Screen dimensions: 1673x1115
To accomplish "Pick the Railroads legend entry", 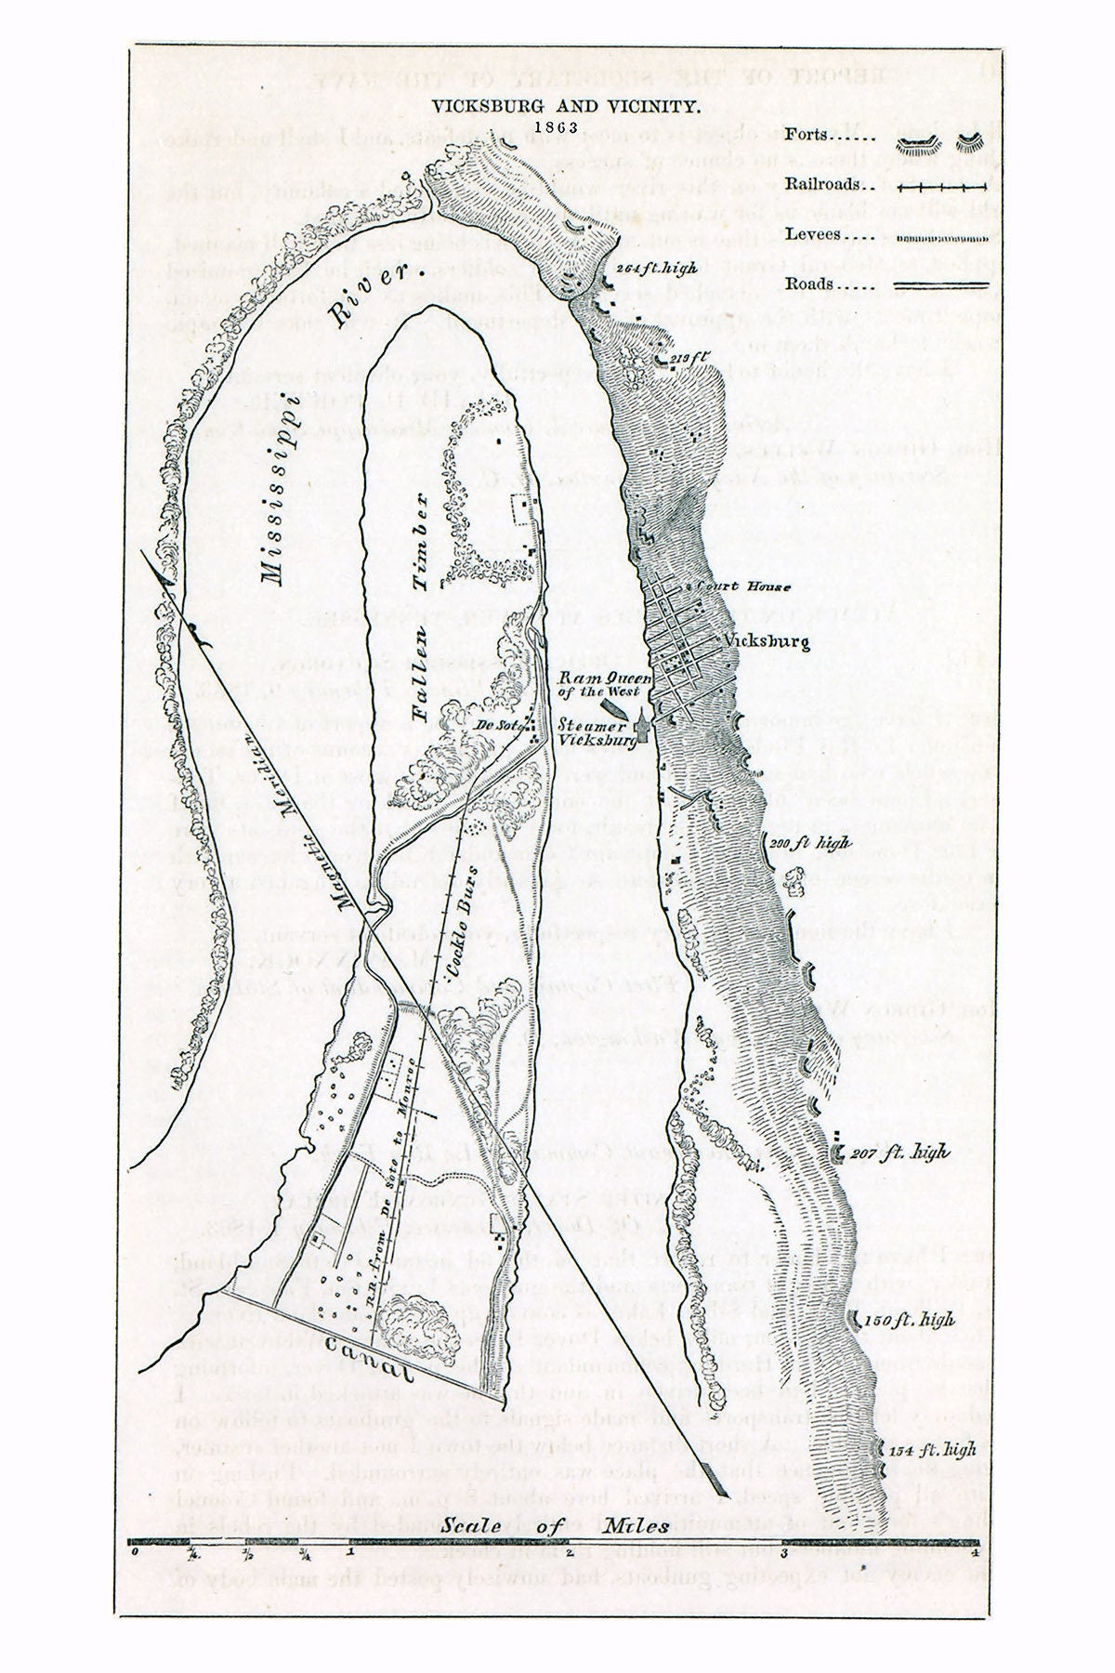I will tap(829, 184).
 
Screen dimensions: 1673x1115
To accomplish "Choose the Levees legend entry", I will tap(829, 234).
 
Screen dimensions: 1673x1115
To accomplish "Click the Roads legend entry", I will tap(829, 284).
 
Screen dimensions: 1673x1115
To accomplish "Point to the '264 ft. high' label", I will tap(656, 268).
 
